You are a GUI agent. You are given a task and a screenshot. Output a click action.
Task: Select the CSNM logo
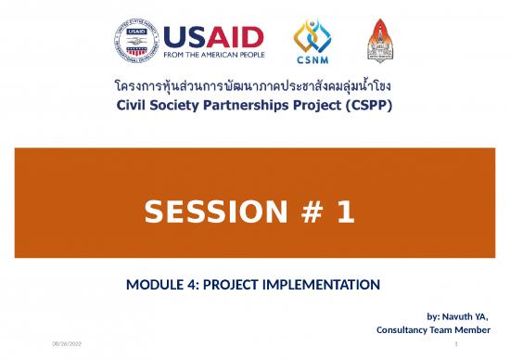click(x=312, y=44)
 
